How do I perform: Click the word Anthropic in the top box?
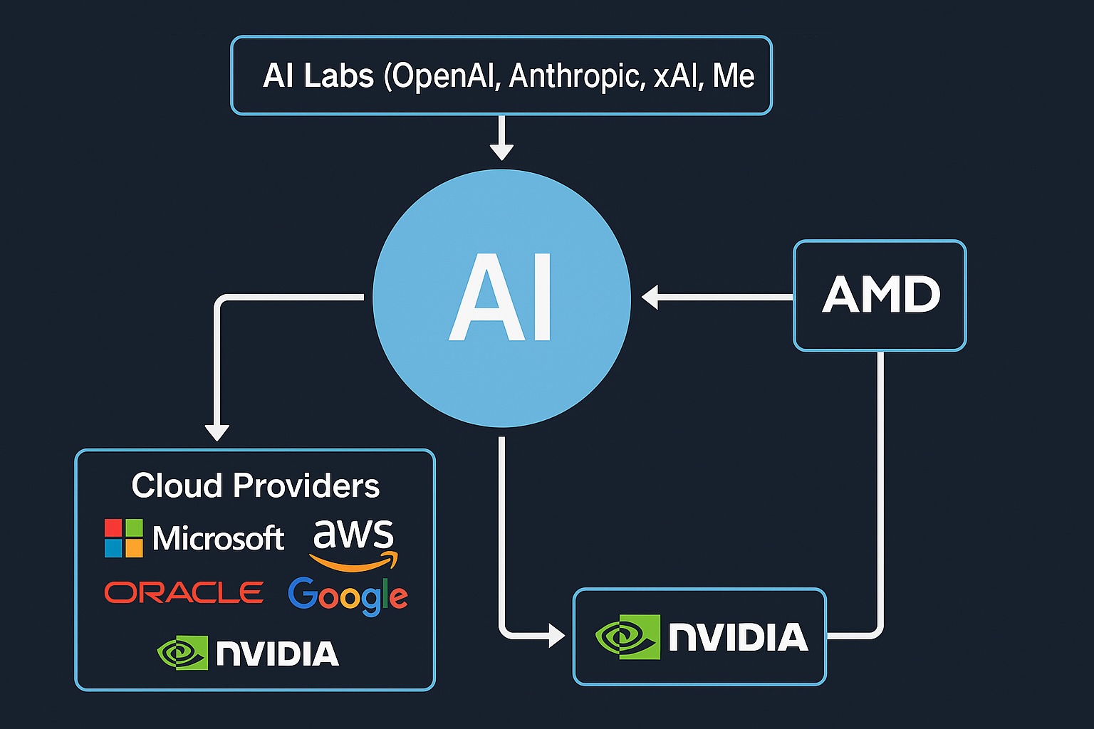click(x=576, y=76)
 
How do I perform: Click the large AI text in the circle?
click(x=501, y=298)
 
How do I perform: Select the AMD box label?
click(x=881, y=295)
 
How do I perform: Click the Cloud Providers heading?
click(x=255, y=486)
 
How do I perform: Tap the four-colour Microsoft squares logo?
click(x=123, y=538)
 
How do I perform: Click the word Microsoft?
click(x=218, y=538)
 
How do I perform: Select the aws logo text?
click(x=353, y=534)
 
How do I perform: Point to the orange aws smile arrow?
click(x=354, y=563)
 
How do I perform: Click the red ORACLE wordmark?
click(x=184, y=592)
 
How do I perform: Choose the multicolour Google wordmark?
click(x=348, y=595)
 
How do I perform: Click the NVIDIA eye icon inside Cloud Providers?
click(x=182, y=652)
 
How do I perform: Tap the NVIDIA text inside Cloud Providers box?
click(x=277, y=654)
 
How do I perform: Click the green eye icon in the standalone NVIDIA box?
click(x=627, y=636)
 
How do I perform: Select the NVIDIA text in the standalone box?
click(x=738, y=636)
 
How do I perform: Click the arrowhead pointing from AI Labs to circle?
click(x=501, y=151)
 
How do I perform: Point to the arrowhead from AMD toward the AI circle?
click(x=650, y=297)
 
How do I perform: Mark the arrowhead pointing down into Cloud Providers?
click(x=217, y=431)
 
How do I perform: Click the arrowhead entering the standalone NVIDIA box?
click(x=556, y=634)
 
